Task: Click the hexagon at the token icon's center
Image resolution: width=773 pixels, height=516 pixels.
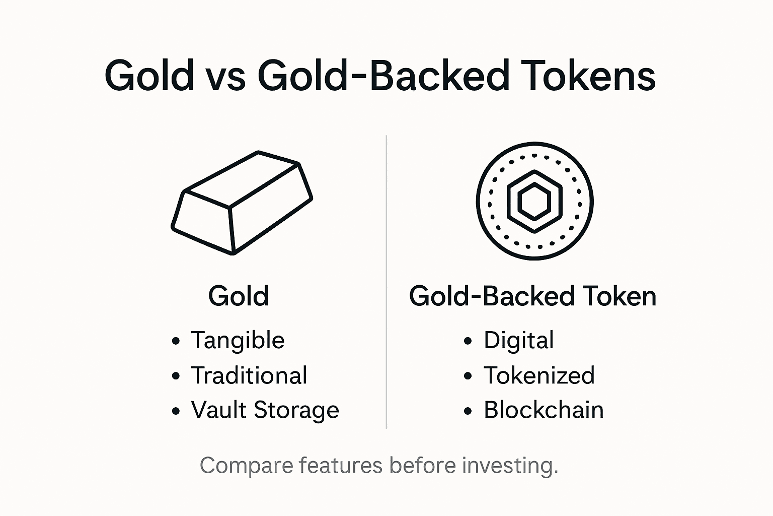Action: click(534, 202)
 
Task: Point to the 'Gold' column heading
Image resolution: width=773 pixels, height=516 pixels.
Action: click(239, 296)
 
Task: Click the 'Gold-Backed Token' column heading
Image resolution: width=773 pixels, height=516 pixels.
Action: click(532, 296)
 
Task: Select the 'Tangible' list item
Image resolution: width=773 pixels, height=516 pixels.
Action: click(238, 341)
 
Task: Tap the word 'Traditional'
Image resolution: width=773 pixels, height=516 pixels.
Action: click(249, 375)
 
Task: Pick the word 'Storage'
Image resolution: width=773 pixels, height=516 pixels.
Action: click(296, 411)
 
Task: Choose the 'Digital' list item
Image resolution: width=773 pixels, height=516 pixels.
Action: click(518, 341)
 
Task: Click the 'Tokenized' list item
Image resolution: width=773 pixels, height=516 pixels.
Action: click(539, 375)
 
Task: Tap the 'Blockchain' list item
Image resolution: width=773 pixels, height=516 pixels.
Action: click(544, 410)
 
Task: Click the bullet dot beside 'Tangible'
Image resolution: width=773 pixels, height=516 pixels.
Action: click(176, 341)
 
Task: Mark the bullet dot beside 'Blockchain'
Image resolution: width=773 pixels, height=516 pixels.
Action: click(468, 411)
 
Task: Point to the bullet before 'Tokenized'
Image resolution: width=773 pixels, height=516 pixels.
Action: click(468, 376)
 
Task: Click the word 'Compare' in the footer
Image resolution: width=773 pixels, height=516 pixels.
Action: click(245, 466)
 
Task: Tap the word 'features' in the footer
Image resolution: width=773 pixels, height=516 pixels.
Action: click(341, 465)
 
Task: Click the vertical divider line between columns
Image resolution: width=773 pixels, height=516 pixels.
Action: click(386, 282)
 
